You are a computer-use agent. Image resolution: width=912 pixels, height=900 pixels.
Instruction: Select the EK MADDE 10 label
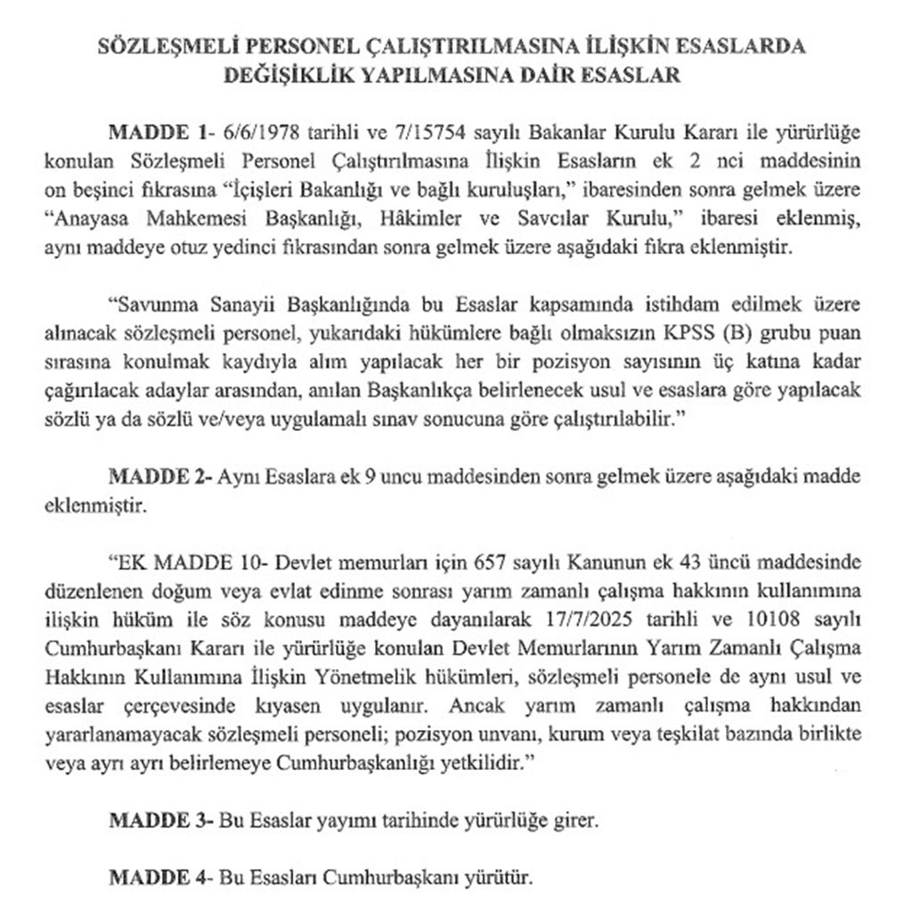(x=187, y=563)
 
